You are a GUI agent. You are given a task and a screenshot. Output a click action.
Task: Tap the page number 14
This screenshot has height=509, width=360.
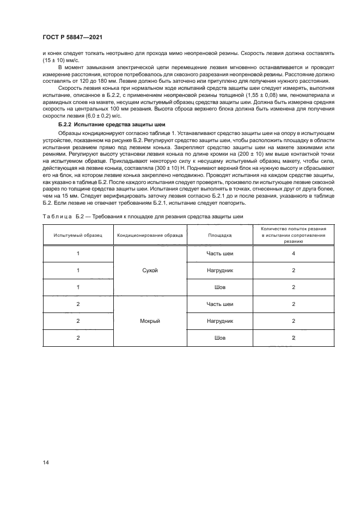tap(46, 463)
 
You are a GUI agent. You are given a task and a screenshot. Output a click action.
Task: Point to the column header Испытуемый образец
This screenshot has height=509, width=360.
tap(78, 236)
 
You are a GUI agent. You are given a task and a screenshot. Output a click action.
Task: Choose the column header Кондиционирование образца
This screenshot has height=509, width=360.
tap(148, 236)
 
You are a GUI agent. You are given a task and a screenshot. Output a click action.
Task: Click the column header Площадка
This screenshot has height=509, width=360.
tap(220, 236)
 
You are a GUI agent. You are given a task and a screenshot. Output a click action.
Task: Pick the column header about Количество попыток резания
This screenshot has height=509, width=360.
tap(293, 236)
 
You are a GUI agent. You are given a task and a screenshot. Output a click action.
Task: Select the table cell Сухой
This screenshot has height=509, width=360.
tap(148, 270)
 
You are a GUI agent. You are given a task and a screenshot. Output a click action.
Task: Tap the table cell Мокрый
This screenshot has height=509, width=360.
tap(148, 321)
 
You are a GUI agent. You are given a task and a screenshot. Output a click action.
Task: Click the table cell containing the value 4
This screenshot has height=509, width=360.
tap(293, 254)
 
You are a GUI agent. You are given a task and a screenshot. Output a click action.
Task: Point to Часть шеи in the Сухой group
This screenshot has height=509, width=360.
tap(220, 254)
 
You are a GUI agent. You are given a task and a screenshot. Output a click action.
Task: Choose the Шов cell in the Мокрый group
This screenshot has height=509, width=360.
tap(220, 338)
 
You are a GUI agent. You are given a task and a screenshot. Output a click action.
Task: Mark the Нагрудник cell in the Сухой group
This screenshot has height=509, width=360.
tap(220, 270)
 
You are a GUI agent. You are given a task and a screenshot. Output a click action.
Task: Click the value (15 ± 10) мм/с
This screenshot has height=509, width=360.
tap(56, 59)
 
